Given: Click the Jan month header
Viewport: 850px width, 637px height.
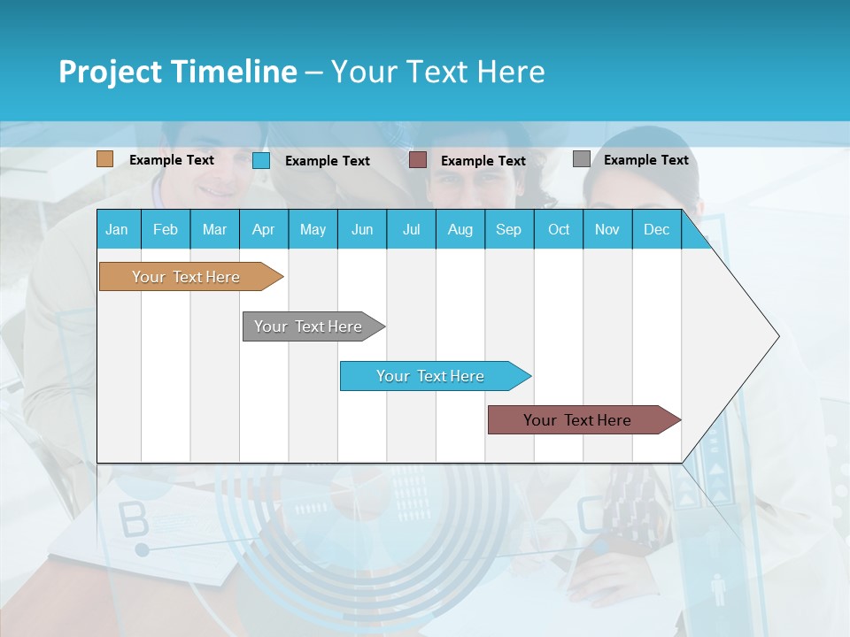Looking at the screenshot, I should coord(117,229).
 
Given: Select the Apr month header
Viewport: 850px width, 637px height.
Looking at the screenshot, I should coord(263,229).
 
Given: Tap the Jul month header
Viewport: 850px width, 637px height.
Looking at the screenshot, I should coord(411,229).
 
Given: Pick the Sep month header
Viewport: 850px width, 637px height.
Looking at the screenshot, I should coord(508,229).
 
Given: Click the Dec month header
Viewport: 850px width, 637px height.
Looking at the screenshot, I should coord(656,229).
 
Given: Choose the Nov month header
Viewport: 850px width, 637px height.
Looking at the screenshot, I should coord(607,229).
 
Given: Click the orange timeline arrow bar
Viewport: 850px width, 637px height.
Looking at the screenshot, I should coord(186,277).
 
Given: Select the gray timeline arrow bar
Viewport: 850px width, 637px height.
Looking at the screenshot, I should coord(308,326).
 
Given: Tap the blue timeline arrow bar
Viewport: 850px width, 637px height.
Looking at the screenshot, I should coord(430,376).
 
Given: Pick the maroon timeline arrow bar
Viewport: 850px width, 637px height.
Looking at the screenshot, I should coord(577,420).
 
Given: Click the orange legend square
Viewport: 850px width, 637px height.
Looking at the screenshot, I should coord(104,159).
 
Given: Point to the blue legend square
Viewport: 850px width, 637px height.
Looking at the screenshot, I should coord(261,160).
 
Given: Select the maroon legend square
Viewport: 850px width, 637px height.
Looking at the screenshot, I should coord(418,160).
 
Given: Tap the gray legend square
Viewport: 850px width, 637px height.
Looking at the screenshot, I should coord(582,159).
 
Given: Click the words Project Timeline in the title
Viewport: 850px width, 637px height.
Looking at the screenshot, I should coord(177,72).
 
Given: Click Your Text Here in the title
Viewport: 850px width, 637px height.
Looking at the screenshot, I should coord(438,72).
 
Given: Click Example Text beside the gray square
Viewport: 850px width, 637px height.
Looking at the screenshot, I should coord(645,160).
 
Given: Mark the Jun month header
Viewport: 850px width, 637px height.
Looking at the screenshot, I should coord(362,229).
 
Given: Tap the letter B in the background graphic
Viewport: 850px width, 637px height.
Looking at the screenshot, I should coord(134,521).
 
